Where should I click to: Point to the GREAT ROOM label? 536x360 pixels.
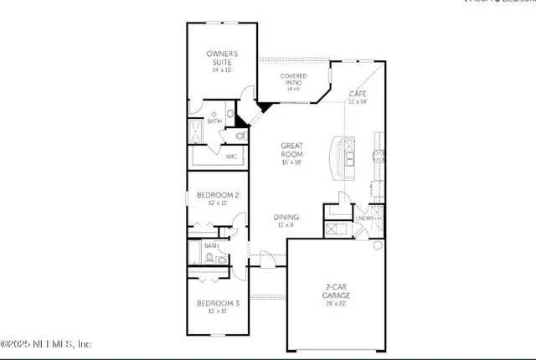(291, 150)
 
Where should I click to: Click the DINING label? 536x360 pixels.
(286, 217)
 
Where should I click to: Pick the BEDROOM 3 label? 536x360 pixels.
(218, 303)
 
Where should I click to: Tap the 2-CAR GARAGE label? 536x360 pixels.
(337, 291)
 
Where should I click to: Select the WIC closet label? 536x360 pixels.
(232, 156)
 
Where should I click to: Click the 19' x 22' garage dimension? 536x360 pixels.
(337, 303)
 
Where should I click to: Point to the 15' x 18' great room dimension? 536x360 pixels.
(291, 162)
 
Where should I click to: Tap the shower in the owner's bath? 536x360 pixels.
(195, 132)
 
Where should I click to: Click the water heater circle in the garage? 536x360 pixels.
(378, 245)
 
